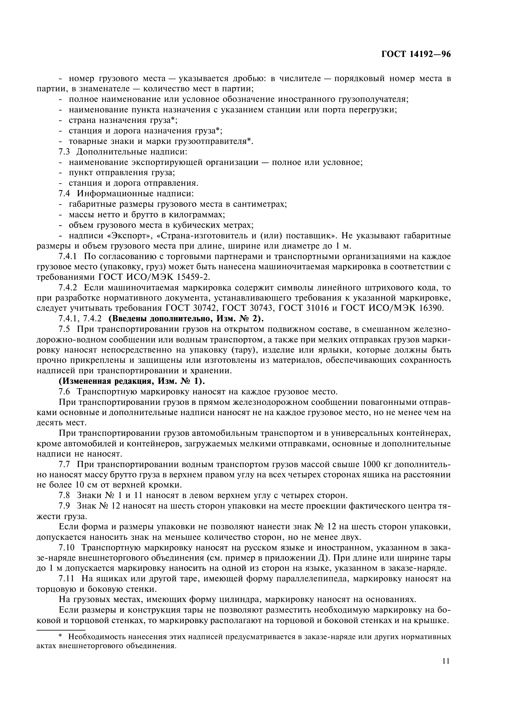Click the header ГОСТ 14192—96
(416, 54)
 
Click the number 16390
(426, 308)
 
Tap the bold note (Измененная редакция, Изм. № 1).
(132, 381)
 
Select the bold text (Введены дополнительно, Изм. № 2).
(186, 319)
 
